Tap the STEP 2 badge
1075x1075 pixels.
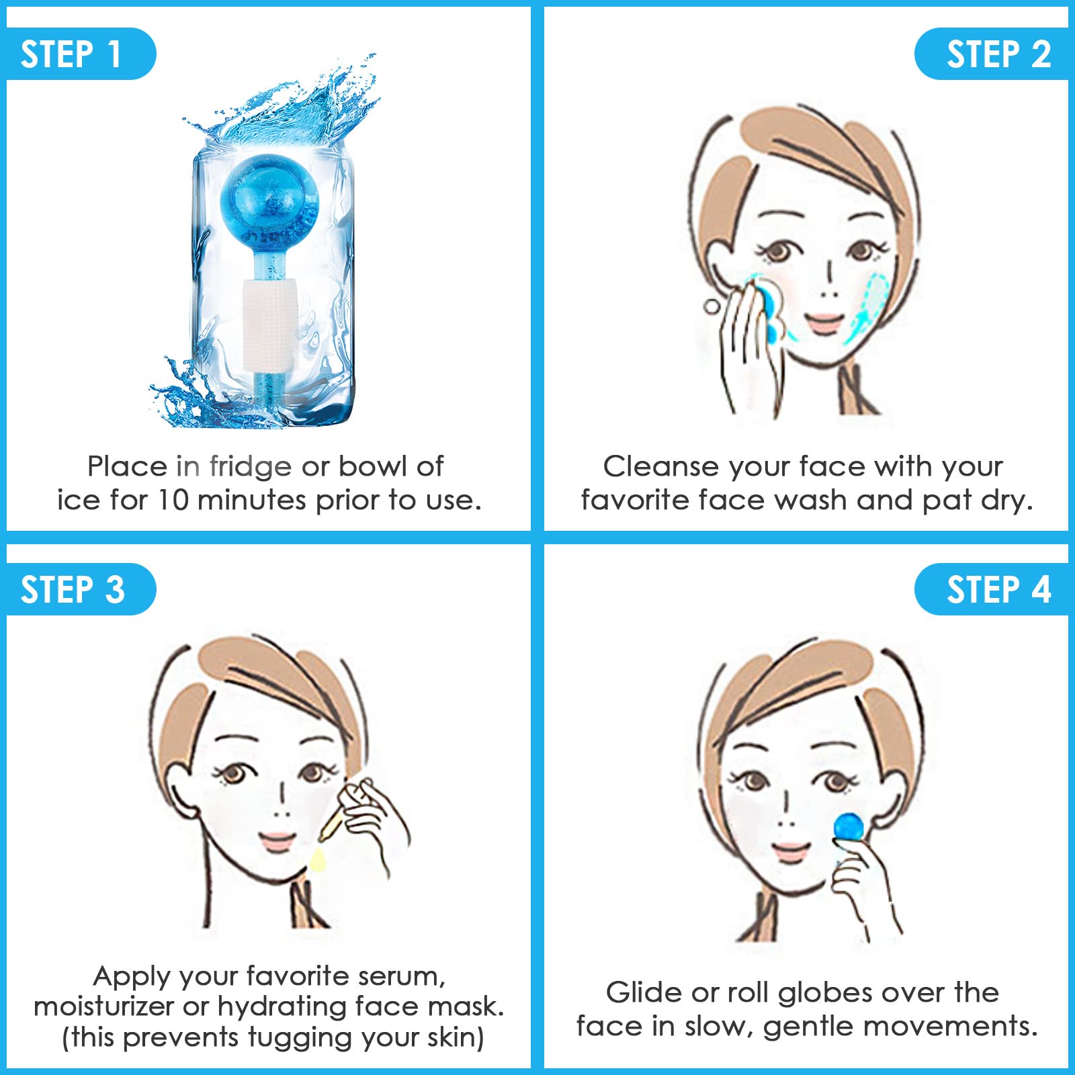992,54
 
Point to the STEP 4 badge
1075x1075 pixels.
992,589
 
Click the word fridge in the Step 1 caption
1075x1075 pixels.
250,467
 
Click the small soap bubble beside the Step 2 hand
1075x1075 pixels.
712,306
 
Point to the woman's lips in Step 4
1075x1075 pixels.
791,851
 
